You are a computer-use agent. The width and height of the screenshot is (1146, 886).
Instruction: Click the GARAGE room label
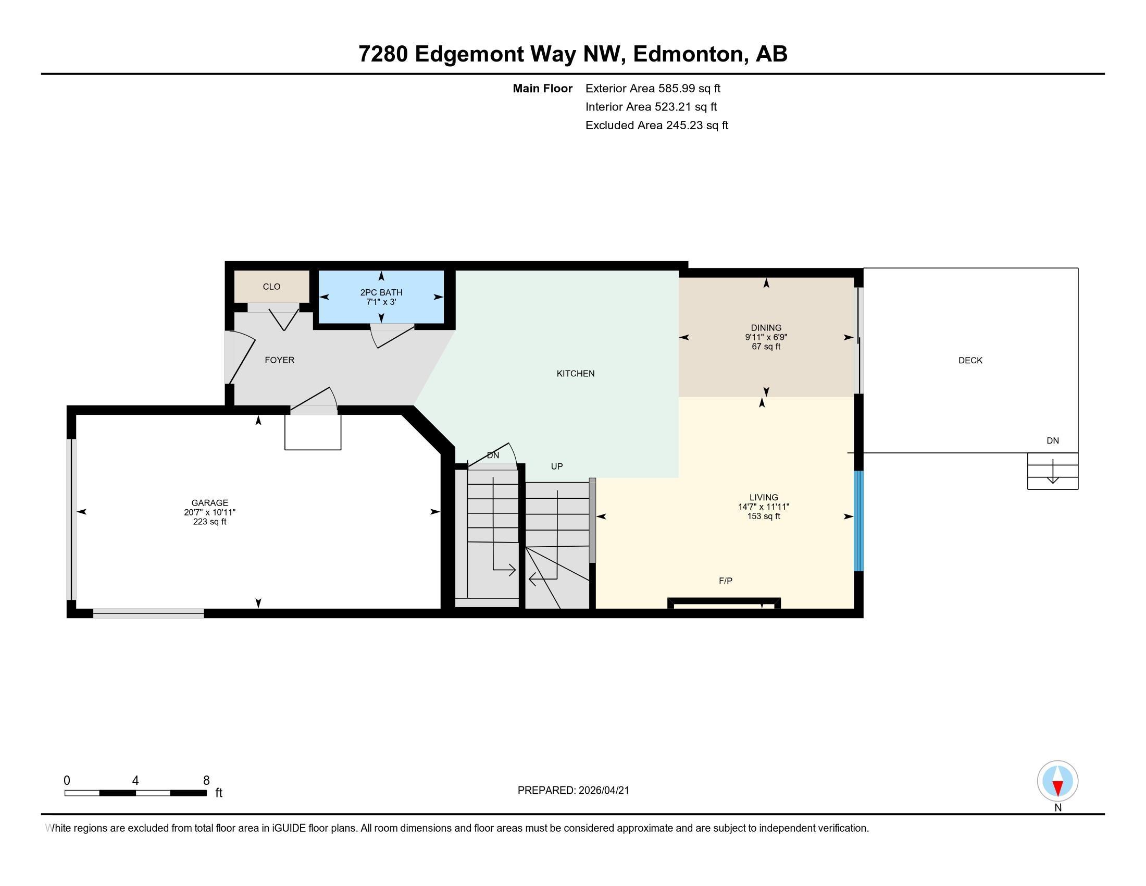(x=209, y=502)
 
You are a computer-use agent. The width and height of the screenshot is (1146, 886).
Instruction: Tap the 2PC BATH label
(x=381, y=292)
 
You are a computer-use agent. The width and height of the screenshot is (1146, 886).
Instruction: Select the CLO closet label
(x=271, y=287)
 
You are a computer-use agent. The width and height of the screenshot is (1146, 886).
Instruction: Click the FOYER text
(x=279, y=360)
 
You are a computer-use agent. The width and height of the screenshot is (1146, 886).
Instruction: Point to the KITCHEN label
(x=575, y=374)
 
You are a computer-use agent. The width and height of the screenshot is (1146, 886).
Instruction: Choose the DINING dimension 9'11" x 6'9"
(x=766, y=338)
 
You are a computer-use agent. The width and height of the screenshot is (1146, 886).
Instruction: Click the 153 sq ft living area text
(x=764, y=516)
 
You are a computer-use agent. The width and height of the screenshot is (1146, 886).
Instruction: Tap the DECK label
(x=970, y=361)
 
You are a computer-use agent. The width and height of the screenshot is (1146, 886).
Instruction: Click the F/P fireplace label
(x=725, y=581)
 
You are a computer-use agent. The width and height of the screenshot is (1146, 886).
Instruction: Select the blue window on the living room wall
(x=858, y=521)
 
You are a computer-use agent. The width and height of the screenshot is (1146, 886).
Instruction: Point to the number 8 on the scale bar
(x=206, y=781)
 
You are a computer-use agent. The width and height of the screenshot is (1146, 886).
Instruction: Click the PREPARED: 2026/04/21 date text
(x=573, y=791)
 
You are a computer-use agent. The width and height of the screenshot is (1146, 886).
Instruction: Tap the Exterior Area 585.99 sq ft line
(x=653, y=89)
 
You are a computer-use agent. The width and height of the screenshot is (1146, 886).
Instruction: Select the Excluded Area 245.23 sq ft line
(x=656, y=126)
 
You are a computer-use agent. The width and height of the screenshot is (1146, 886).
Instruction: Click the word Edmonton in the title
(x=690, y=54)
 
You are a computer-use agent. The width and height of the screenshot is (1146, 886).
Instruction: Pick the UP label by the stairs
(x=556, y=466)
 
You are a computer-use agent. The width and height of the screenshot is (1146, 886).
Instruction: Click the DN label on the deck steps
(x=1052, y=441)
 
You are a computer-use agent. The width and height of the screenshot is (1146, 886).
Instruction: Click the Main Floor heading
(x=542, y=89)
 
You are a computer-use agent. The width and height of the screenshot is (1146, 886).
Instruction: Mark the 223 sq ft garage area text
(x=209, y=522)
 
